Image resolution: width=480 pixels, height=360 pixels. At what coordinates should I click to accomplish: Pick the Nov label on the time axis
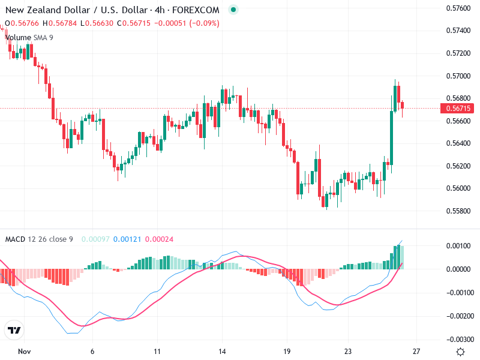pos(24,351)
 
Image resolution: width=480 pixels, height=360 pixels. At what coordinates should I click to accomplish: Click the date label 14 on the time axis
pos(222,351)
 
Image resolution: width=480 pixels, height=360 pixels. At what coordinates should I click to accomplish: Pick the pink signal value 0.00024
pos(159,239)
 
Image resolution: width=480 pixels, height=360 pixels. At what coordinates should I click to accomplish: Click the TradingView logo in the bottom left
pos(14,330)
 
